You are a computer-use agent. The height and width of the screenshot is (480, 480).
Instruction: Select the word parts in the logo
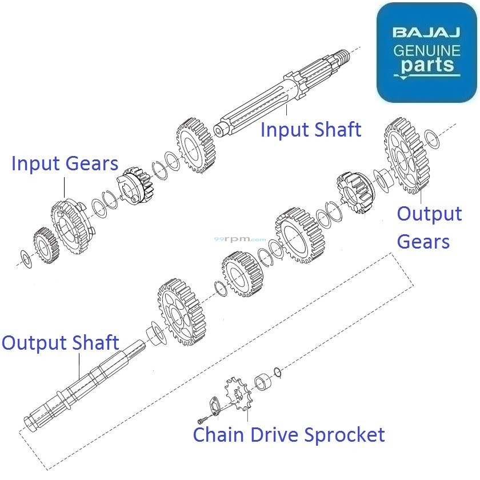427,67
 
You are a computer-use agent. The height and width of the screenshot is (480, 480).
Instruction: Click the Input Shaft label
310,130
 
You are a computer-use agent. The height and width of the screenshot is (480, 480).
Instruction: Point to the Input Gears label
65,164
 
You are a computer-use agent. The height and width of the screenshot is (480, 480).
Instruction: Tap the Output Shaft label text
60,343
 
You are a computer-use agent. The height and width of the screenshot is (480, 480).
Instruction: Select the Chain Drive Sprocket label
289,435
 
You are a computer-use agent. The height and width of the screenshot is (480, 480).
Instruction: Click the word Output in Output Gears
429,214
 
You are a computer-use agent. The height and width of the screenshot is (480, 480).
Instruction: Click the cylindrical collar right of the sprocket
262,381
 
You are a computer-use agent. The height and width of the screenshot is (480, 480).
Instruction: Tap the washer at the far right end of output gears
433,138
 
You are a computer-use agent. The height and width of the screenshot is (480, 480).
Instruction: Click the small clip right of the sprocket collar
278,372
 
